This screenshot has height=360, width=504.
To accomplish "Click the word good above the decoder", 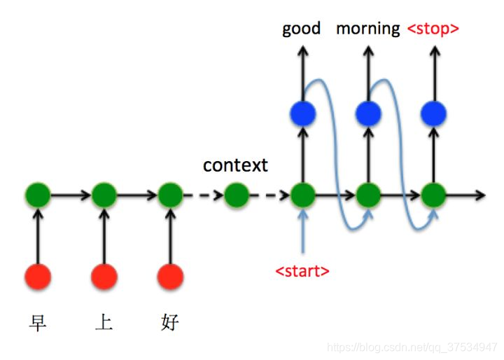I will tap(301, 29).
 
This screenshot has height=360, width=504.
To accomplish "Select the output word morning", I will tap(367, 29).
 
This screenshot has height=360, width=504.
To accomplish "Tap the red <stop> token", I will tap(433, 29).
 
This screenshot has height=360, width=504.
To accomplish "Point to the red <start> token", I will tap(302, 270).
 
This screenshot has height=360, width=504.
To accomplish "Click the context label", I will tap(235, 165).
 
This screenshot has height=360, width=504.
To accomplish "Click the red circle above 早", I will tap(37, 277).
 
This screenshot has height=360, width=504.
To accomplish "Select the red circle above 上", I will tap(104, 277).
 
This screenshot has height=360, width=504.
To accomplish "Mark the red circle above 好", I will tap(170, 277).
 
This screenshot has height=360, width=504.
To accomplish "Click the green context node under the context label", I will tap(237, 195).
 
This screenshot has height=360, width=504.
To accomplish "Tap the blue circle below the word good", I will tap(302, 113).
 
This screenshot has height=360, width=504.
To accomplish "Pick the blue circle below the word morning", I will tap(368, 113).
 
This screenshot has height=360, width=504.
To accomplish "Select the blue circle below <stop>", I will tap(434, 113).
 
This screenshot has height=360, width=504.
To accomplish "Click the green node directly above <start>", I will tap(302, 195).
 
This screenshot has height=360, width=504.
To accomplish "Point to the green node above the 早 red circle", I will tap(37, 195).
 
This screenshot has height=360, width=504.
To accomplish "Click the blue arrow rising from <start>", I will tap(302, 231).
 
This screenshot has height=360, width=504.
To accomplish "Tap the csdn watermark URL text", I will tap(413, 347).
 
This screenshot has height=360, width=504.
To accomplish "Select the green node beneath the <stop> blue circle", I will tap(434, 195).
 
